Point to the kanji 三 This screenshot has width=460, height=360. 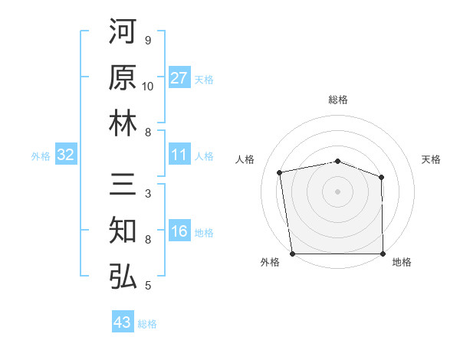123,186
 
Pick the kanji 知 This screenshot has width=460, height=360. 123,231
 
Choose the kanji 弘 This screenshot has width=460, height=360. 123,277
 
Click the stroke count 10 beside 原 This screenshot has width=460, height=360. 148,87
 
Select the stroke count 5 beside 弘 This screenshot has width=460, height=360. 147,286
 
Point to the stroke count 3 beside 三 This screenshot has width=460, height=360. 147,195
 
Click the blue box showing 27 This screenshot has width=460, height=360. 179,78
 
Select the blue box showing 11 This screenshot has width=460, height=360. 179,155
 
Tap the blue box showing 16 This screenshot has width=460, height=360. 179,232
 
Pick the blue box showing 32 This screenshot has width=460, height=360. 65,155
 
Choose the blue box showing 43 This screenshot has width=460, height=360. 122,322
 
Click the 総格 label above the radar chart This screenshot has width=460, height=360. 337,100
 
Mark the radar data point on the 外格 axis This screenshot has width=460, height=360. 292,254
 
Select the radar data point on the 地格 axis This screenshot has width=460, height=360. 383,254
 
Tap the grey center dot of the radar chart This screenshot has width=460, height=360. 337,191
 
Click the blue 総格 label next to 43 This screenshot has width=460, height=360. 147,323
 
